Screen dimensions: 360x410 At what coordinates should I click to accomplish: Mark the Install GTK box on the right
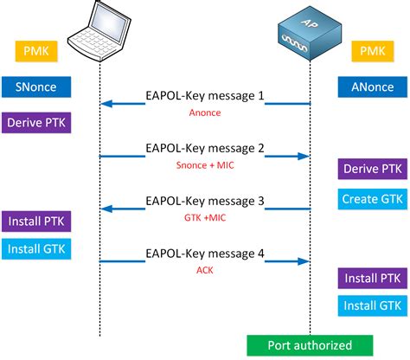coord(371,305)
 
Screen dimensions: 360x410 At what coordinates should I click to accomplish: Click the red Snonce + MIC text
coord(204,164)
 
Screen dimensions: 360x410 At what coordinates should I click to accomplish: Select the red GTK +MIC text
coord(204,219)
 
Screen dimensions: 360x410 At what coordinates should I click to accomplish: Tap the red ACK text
coord(204,270)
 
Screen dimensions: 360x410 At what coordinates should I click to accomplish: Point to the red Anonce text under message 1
coord(204,112)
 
